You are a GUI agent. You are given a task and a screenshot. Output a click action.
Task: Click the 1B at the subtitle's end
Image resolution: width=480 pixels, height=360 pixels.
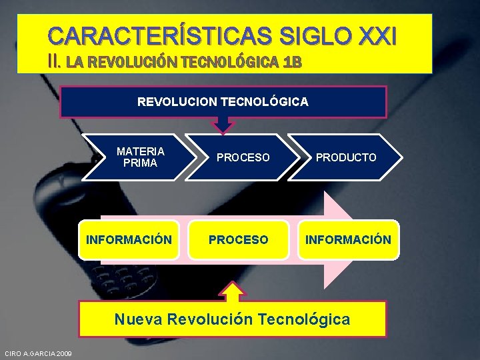point(293,63)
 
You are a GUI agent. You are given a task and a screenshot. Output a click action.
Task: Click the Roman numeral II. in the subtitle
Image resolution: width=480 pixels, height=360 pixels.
point(55,62)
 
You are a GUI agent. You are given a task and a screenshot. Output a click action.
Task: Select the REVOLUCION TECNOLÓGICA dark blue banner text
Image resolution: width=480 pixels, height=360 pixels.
point(223,102)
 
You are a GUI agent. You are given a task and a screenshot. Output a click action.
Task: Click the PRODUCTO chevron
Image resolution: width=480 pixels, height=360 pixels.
point(346,157)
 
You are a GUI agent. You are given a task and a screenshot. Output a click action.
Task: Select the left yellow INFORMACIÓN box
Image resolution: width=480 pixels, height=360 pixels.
point(129,239)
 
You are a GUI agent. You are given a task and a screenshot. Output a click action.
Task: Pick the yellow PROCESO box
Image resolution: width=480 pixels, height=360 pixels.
point(238,239)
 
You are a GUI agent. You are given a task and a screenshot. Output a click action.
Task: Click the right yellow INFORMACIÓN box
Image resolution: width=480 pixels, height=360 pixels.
point(348,239)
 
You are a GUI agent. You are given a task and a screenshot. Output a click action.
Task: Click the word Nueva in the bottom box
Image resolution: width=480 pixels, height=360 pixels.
point(138,319)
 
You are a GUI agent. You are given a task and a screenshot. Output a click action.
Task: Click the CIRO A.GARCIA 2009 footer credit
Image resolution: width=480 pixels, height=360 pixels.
point(38,353)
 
